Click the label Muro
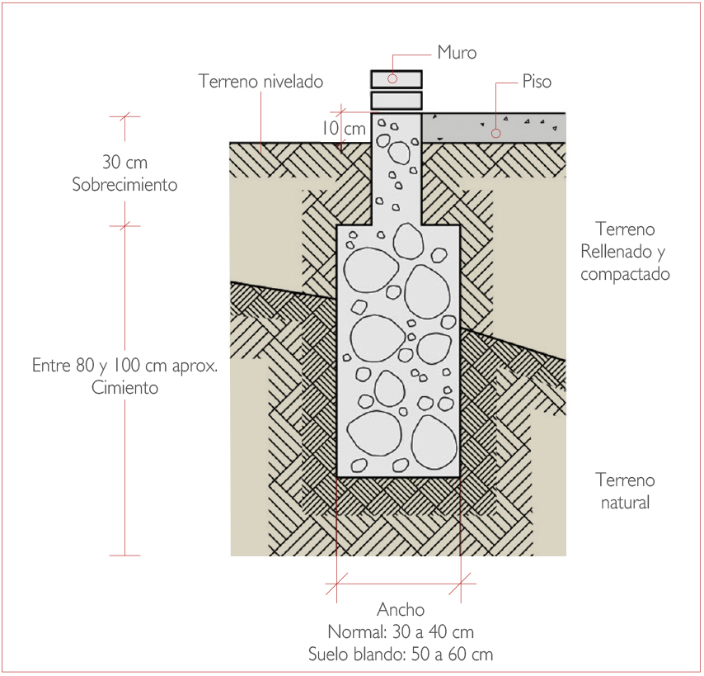[457, 54]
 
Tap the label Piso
[537, 82]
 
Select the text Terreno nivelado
[260, 82]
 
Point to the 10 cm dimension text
[343, 128]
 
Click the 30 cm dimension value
[124, 163]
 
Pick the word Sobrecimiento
[124, 185]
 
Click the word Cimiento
[124, 387]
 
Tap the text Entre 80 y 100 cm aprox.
[124, 365]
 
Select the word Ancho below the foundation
[401, 610]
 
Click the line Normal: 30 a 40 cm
[401, 632]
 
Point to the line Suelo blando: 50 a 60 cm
[401, 655]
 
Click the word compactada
[625, 274]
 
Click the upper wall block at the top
[397, 78]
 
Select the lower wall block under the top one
[397, 101]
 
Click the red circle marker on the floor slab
[496, 131]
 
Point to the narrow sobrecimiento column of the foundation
[399, 169]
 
